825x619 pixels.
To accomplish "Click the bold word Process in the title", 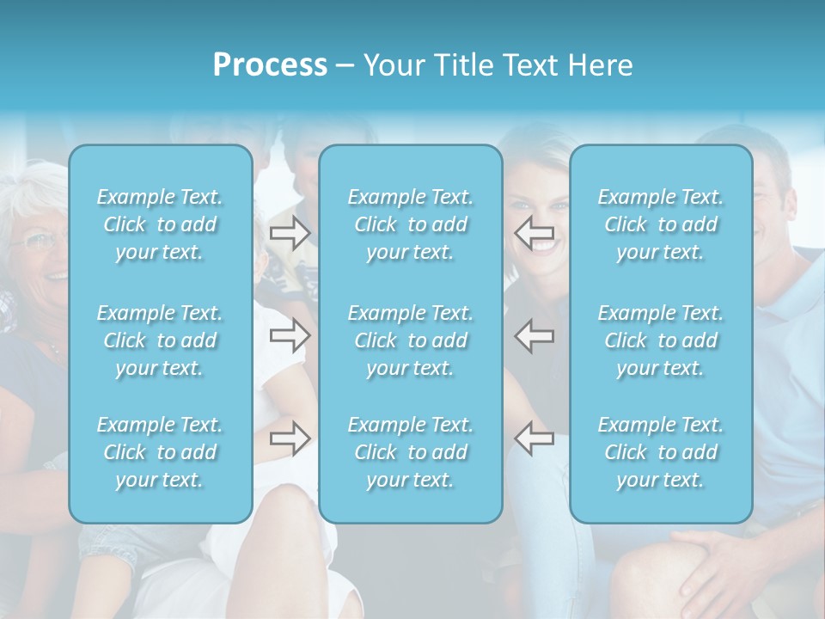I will (270, 65).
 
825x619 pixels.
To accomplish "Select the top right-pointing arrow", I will (290, 232).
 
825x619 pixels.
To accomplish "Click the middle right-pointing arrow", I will (290, 335).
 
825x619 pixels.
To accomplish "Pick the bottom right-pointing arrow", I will (290, 438).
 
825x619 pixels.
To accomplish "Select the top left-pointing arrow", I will (534, 232).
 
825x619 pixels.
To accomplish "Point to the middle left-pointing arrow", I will (534, 335).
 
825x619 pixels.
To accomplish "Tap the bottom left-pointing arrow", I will (534, 438).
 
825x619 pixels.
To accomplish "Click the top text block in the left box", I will (160, 224).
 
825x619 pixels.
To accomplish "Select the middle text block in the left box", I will (160, 340).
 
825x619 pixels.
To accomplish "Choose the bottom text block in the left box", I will (160, 452).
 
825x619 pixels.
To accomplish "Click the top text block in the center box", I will (410, 224).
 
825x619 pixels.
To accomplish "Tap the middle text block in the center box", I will (410, 340).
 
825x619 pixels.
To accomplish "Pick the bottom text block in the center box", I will (410, 452).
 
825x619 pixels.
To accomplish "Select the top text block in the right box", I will (660, 224).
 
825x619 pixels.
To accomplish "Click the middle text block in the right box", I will (660, 340).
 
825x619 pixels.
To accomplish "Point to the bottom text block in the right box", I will (660, 452).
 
